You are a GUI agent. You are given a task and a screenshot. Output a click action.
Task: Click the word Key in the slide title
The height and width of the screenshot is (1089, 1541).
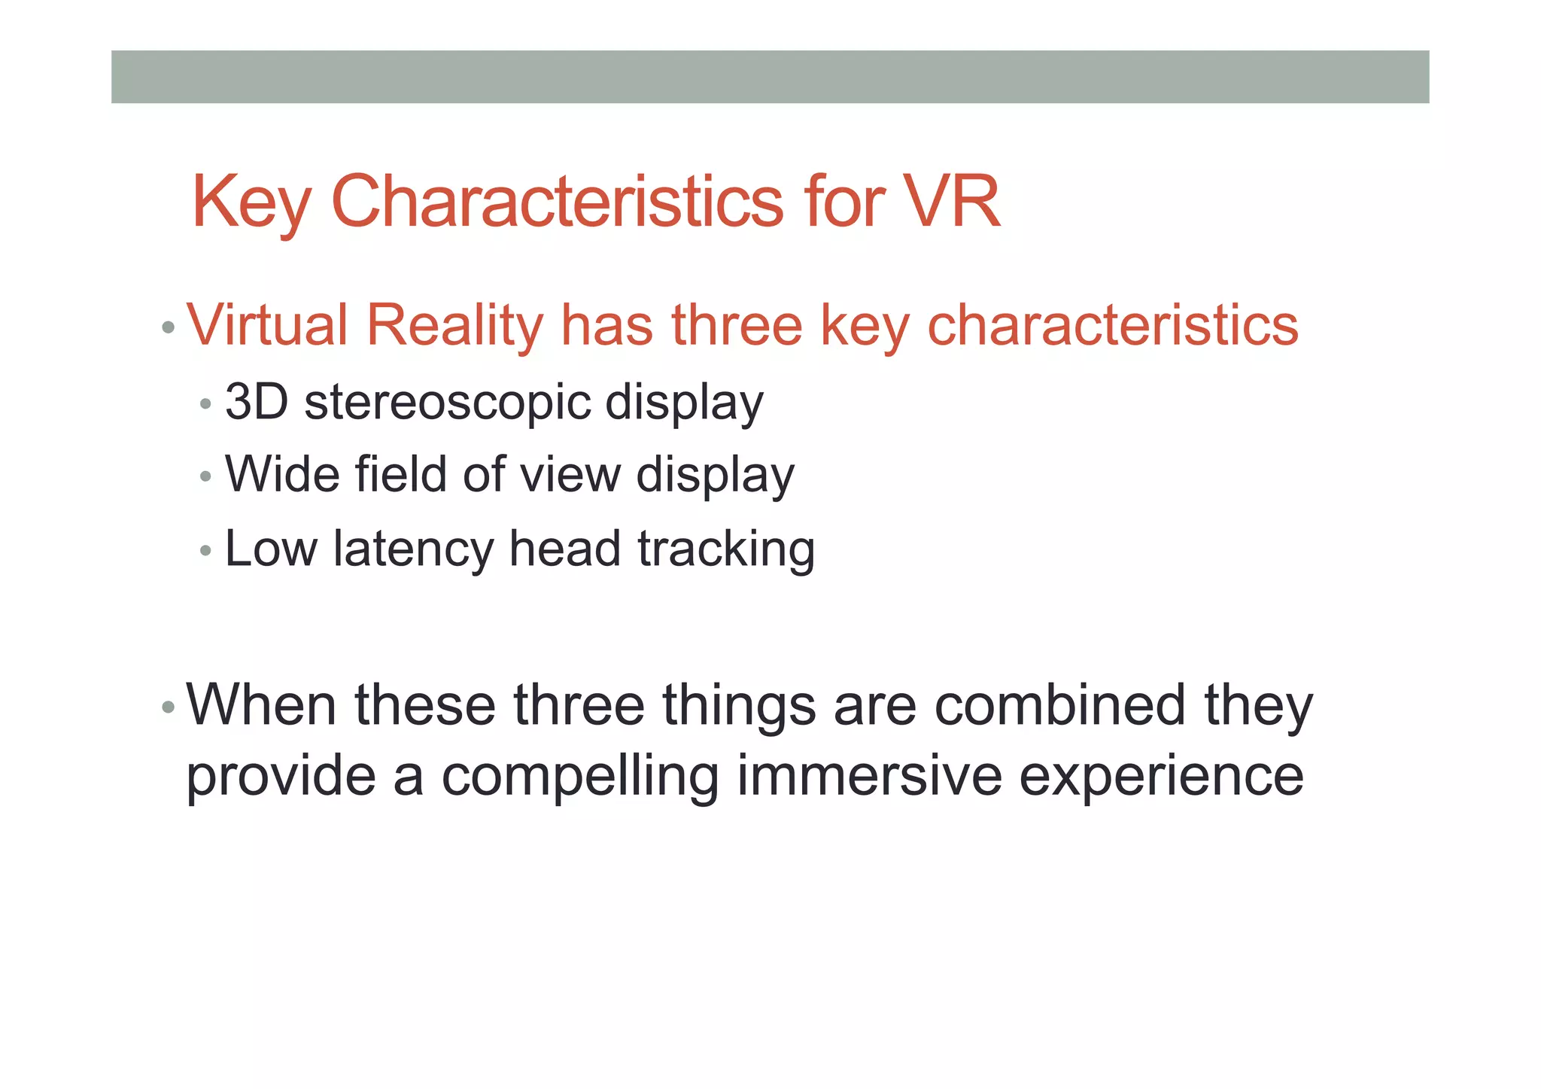(x=251, y=202)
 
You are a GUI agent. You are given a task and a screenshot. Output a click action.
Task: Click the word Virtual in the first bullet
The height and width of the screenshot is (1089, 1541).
(x=266, y=325)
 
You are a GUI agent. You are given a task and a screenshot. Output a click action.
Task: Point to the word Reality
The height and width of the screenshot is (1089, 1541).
(x=454, y=325)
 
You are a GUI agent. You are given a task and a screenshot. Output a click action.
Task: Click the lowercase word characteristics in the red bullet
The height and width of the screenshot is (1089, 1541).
(x=1113, y=325)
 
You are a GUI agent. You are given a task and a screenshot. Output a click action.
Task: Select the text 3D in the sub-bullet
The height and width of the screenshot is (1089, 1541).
(x=257, y=402)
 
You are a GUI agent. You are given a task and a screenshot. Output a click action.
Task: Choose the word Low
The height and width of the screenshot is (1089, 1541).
(x=271, y=548)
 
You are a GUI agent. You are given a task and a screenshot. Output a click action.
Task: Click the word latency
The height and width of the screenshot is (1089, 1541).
(x=414, y=549)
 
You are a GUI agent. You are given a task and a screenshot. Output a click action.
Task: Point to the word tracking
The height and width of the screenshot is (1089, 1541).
(x=726, y=549)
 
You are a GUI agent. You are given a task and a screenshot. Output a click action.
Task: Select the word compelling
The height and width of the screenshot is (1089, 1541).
(x=579, y=777)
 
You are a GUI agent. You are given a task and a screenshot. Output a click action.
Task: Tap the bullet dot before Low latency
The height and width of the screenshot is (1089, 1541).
(x=205, y=551)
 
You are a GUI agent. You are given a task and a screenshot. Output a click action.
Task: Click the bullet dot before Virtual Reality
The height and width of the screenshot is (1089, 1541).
(x=168, y=328)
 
